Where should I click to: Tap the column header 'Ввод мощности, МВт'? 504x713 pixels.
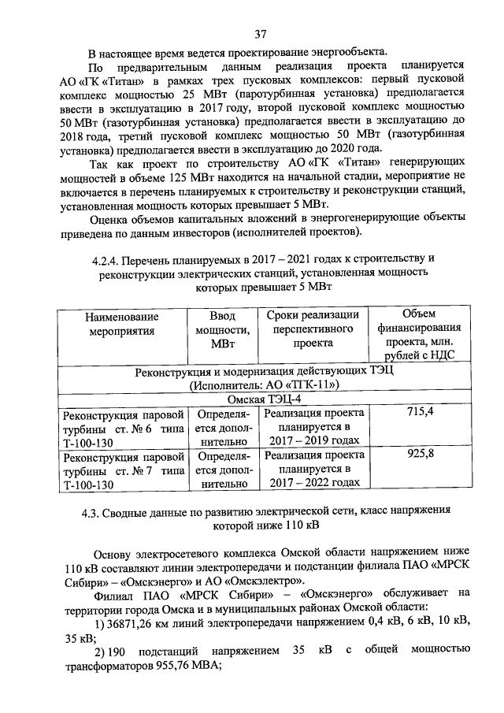pos(223,329)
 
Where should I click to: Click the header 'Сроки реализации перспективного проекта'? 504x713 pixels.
pos(313,329)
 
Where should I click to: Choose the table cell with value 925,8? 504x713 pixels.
pos(418,454)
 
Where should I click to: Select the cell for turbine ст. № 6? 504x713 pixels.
pos(124,427)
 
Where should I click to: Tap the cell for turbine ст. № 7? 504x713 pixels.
pos(124,470)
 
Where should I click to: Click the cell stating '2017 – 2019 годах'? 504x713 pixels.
pos(313,441)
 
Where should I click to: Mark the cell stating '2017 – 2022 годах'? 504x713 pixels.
pos(313,483)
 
